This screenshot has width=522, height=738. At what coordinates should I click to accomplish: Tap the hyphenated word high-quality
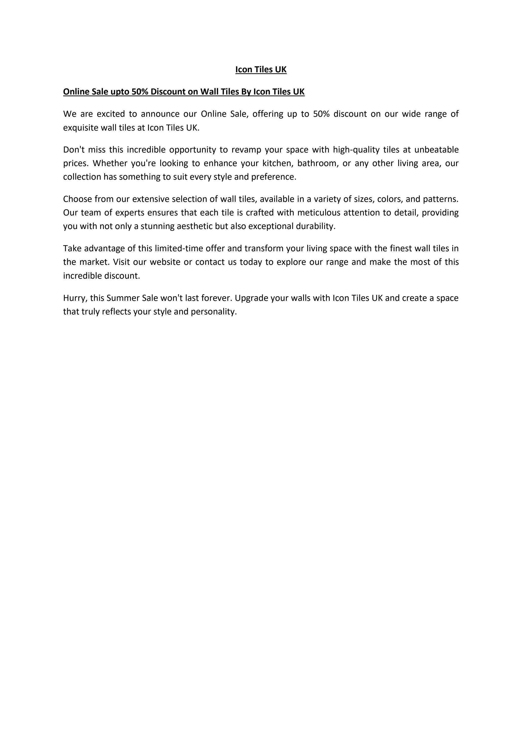[x=356, y=150]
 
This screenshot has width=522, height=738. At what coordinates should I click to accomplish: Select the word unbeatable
[x=436, y=150]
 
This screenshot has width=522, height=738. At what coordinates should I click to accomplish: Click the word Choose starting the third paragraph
[x=77, y=199]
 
